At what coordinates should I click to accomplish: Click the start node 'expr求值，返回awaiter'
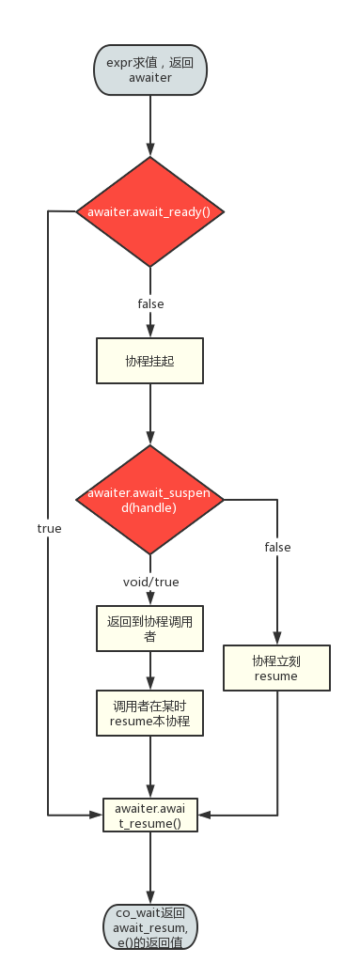tap(150, 70)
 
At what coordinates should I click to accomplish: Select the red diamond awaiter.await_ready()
tap(150, 212)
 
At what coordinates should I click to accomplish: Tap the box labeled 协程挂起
tap(150, 360)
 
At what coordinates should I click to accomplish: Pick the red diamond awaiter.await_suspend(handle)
tap(150, 501)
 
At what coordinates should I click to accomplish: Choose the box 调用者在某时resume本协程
tap(150, 714)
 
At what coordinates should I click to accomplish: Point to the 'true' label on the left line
tap(49, 529)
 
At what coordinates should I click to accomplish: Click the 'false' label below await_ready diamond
tap(150, 303)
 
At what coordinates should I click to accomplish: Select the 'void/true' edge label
tap(150, 583)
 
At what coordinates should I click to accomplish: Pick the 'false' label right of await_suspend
tap(277, 547)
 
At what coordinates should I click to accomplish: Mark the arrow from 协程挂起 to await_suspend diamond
tap(150, 413)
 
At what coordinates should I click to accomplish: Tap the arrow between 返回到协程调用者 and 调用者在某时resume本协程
tap(150, 672)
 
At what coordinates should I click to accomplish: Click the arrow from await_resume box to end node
tap(150, 868)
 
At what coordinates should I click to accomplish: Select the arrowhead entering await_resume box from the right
tap(203, 815)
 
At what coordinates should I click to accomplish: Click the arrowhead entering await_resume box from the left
tap(98, 815)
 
